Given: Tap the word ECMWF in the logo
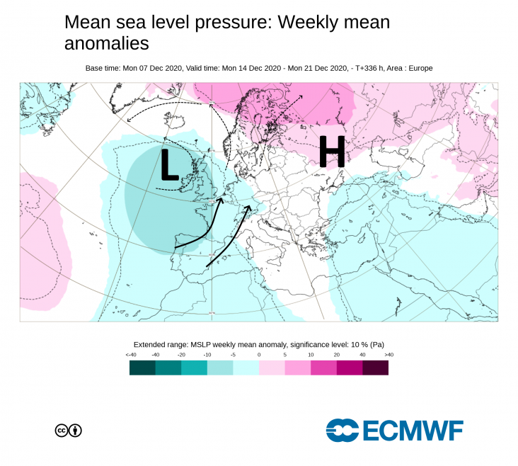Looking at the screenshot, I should click(x=413, y=430).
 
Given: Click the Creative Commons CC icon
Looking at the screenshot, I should click(x=62, y=430).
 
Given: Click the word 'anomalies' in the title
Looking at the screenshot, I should click(x=106, y=43).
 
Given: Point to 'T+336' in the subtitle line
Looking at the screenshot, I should click(x=364, y=68).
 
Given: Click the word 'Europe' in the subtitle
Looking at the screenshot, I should click(x=418, y=68).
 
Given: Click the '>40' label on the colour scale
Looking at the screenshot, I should click(x=388, y=354).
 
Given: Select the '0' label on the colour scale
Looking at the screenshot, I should click(x=259, y=354).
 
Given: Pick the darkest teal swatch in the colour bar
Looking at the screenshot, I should click(x=142, y=367).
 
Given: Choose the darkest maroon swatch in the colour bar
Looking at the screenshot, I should click(x=375, y=367).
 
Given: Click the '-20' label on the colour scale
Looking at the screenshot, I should click(x=181, y=354).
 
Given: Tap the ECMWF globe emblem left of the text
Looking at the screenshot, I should click(x=343, y=430).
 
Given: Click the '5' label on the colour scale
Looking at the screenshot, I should click(x=285, y=354).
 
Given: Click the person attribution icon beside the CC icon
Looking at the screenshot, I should click(x=75, y=430).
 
